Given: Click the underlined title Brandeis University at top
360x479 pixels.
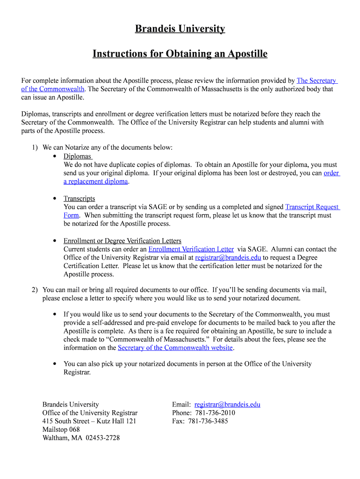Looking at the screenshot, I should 180,29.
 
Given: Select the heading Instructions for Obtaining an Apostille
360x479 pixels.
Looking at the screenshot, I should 180,54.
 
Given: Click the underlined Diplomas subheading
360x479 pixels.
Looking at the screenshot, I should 77,156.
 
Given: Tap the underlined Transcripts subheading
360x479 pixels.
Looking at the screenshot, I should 79,198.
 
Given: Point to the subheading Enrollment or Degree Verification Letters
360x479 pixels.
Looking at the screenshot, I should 122,241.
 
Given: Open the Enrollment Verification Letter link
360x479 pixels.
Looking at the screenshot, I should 191,249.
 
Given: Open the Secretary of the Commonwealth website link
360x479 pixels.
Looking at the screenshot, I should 175,348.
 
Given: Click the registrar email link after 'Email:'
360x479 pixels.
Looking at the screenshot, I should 227,405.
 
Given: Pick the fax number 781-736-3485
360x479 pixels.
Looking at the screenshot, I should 208,421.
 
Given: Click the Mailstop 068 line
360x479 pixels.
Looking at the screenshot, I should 61,429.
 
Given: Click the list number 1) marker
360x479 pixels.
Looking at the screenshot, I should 35,148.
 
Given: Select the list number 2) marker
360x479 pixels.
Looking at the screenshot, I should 35,290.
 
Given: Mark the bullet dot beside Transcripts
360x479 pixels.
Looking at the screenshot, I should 55,198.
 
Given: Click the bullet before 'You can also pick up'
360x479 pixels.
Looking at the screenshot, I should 55,363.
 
